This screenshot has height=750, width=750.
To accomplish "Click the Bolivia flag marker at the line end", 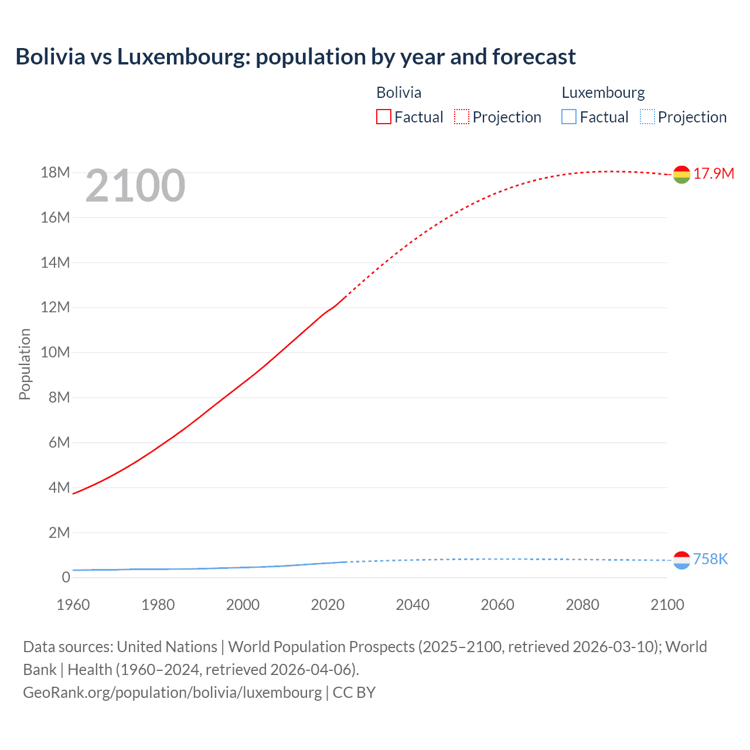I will tap(681, 175).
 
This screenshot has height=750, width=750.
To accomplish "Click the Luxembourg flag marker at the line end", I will tap(681, 560).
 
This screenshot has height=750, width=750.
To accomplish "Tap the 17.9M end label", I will tap(714, 173).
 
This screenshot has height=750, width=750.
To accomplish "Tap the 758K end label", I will tap(710, 559).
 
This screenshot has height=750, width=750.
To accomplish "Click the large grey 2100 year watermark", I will tap(135, 186).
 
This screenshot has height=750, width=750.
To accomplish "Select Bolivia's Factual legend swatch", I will tap(384, 117).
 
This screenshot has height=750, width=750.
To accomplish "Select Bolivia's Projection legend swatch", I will tap(462, 117).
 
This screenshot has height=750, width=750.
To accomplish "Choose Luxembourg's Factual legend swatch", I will tap(569, 117).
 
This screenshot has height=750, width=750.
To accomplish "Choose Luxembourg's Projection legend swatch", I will tap(647, 117).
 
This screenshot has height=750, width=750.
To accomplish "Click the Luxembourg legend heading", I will tap(603, 93).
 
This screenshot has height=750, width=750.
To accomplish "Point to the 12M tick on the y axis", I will tap(56, 307).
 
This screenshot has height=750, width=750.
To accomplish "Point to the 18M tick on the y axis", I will tap(56, 172).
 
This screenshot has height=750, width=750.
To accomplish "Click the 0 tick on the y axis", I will tap(66, 577).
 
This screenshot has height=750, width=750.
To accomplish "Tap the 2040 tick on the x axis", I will tap(412, 605).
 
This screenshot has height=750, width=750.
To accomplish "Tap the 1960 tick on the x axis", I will tap(73, 605).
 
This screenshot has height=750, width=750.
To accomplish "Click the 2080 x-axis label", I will tap(582, 605).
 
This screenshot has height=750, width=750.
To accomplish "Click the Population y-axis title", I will tap(25, 364).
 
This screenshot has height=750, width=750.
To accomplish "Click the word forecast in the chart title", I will tap(534, 57).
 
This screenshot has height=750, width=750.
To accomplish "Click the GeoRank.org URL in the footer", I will tap(172, 692).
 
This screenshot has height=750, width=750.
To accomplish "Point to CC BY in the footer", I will tap(354, 692).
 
